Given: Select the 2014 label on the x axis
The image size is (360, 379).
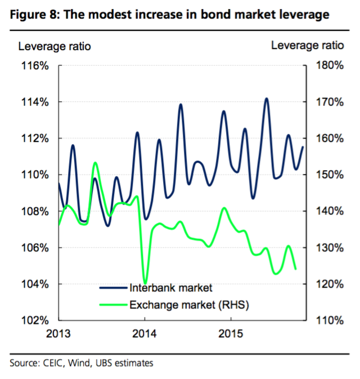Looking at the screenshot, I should tap(145, 334).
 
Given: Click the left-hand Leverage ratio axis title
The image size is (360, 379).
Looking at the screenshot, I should tap(56, 46).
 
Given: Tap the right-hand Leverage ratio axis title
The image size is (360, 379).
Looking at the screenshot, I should tap(307, 46).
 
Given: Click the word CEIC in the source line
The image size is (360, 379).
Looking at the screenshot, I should tap(51, 363).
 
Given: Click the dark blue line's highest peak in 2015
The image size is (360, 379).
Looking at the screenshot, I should tap(266, 99).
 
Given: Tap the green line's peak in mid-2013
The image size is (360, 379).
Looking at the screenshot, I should tap(95, 163).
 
